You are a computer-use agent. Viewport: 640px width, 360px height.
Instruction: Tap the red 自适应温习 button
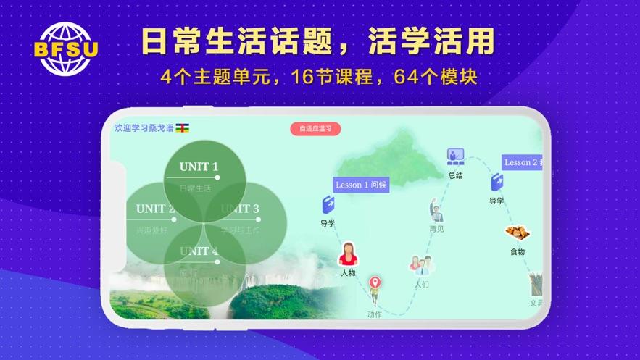[x=315, y=129]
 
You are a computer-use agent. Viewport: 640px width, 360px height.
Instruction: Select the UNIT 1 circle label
[x=199, y=167]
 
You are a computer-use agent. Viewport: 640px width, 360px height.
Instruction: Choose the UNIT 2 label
[x=155, y=209]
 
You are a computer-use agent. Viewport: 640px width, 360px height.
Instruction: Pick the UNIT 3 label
[x=240, y=209]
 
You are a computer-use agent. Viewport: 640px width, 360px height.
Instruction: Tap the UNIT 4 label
[x=199, y=251]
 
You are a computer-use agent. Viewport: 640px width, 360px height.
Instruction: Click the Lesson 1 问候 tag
[x=361, y=185]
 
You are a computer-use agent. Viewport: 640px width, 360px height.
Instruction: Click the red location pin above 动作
[x=375, y=284]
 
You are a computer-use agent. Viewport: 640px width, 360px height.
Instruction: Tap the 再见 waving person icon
[x=436, y=210]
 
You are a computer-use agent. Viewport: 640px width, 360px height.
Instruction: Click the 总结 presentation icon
[x=455, y=156]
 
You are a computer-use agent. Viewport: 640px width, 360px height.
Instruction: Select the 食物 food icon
[x=517, y=233]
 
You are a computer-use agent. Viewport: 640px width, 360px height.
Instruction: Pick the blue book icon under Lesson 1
[x=328, y=204]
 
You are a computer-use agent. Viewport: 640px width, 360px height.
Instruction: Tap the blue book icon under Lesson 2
[x=496, y=182]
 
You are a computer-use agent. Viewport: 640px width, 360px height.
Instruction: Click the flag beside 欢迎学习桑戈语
[x=182, y=127]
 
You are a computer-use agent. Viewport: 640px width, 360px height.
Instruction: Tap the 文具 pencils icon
[x=535, y=284]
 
